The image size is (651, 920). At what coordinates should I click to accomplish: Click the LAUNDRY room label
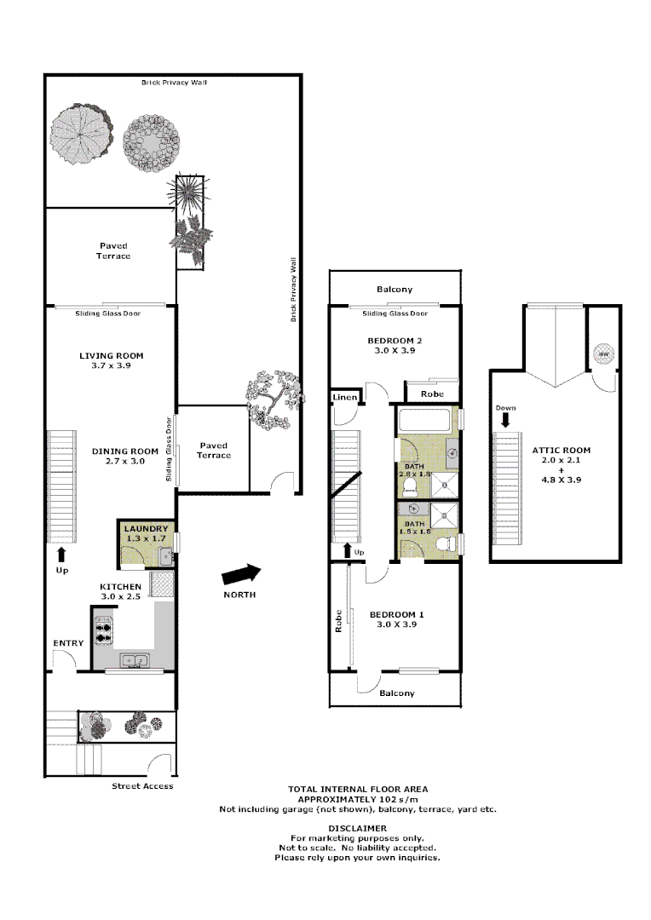pos(147,528)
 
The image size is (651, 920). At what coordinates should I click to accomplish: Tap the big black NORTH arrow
pos(242,574)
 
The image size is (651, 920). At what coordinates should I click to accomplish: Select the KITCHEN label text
pos(120,587)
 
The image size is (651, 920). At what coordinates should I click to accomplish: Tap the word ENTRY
pos(68,643)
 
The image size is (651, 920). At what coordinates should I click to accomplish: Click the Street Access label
pos(142,786)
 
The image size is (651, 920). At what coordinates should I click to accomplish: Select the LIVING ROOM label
pos(111,355)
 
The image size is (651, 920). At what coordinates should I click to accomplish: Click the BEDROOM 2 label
pos(393,340)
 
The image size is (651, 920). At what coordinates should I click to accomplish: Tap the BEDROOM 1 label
pos(396,614)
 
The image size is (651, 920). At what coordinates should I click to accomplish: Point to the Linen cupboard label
pos(344,398)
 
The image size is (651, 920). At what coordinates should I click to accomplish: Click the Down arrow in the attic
pos(505,419)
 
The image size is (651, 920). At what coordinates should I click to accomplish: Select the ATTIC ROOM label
pos(561,450)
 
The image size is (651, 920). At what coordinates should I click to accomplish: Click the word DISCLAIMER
pos(357,828)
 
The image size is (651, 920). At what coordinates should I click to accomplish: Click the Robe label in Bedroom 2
pos(431,394)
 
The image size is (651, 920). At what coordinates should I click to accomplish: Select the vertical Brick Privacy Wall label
pos(293,290)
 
